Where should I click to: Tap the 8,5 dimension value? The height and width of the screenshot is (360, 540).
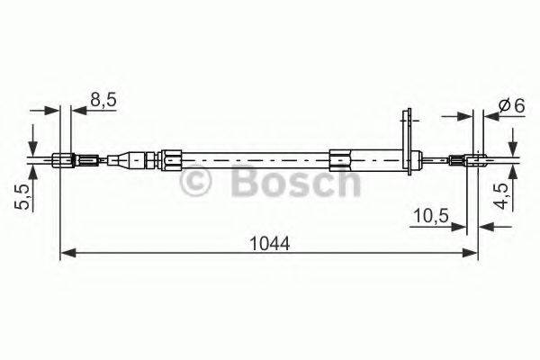(103, 102)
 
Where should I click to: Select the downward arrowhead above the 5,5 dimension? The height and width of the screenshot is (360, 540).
(32, 150)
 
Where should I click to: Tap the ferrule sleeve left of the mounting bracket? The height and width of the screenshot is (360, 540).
(342, 161)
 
